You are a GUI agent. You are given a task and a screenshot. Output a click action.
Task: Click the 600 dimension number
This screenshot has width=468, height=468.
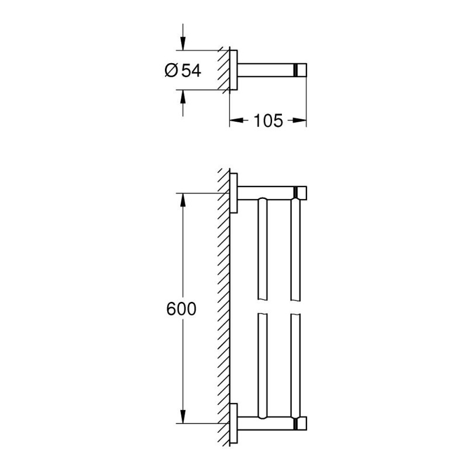[x=181, y=309]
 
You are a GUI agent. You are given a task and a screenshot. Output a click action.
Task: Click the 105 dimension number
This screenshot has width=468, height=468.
[x=268, y=121]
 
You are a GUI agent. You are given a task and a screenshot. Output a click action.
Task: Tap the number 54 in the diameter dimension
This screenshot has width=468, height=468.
[x=190, y=71]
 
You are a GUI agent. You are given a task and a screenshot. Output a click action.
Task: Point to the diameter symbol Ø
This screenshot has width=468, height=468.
[x=170, y=71]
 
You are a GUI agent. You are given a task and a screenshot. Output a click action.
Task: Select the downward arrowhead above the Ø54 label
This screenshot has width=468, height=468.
[x=183, y=44]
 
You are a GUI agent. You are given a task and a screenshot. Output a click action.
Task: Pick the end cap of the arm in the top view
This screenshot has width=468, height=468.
[x=301, y=70]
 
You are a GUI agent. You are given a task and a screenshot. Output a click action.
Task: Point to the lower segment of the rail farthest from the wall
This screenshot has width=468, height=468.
[x=296, y=363]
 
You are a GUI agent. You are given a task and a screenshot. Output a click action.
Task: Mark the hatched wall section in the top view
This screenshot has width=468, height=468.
[x=223, y=70]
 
